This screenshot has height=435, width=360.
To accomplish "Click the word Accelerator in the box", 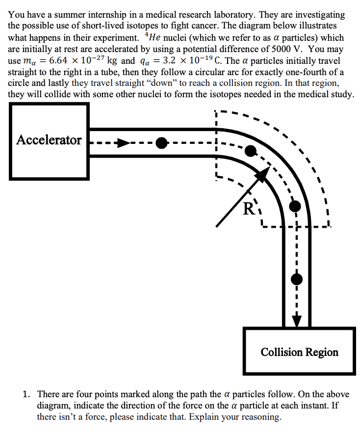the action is (x=49, y=140).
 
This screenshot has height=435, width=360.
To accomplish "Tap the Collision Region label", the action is (x=300, y=353).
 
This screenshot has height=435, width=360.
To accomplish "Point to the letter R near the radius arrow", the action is (x=249, y=209).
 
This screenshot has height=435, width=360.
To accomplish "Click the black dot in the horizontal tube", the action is (x=161, y=143).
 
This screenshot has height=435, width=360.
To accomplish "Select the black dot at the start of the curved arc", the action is (x=251, y=151).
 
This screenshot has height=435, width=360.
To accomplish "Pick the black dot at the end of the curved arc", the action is (x=295, y=206).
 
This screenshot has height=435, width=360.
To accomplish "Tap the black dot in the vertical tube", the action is (x=297, y=279).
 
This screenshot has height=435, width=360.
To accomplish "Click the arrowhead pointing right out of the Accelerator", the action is (x=123, y=143).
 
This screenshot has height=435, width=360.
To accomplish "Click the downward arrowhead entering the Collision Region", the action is (x=297, y=321).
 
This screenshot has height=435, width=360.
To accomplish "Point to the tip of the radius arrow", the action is (x=270, y=167).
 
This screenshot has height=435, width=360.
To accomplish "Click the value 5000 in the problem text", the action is (x=281, y=49).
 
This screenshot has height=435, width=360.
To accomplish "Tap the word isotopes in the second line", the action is (x=141, y=26).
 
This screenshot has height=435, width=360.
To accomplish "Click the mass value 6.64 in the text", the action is (x=58, y=60).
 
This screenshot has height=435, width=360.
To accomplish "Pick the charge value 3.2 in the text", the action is (x=169, y=60).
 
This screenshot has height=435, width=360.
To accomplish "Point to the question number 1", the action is (x=26, y=394).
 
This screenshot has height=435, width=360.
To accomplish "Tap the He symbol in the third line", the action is (x=154, y=37).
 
